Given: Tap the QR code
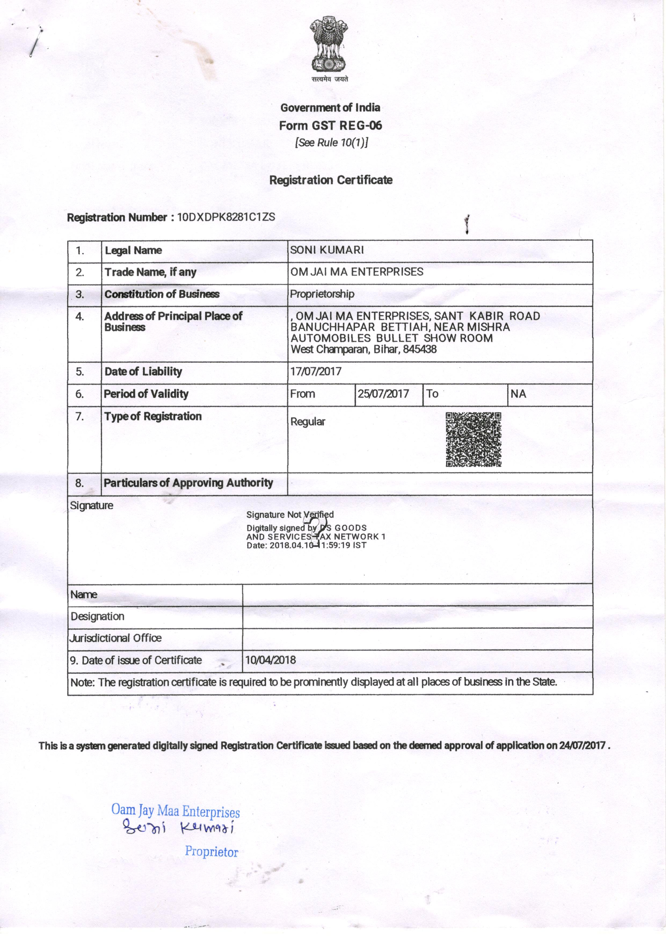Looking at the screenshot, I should point(473,439).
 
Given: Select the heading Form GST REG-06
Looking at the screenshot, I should point(330,125).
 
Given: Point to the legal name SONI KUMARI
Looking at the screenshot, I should point(327,250).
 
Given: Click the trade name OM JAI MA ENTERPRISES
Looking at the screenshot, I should point(357,272).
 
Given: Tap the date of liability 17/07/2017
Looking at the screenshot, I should point(316,371).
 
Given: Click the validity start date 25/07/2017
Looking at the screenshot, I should point(383,394).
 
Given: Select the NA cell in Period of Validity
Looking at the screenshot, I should point(518,394).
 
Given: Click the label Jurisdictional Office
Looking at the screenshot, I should point(116,638).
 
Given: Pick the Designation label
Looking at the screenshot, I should point(98,616).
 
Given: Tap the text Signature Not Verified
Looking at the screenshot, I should point(290,514).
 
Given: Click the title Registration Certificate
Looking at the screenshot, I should point(330,180).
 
